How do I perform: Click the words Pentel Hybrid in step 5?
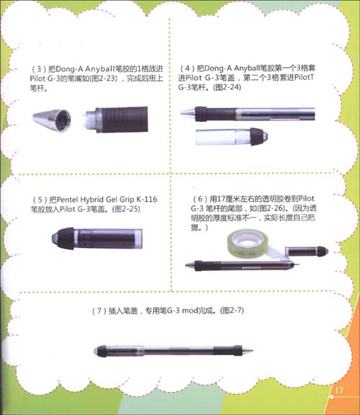pyautogui.click(x=91, y=197)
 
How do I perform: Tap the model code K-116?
pyautogui.click(x=153, y=197)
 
